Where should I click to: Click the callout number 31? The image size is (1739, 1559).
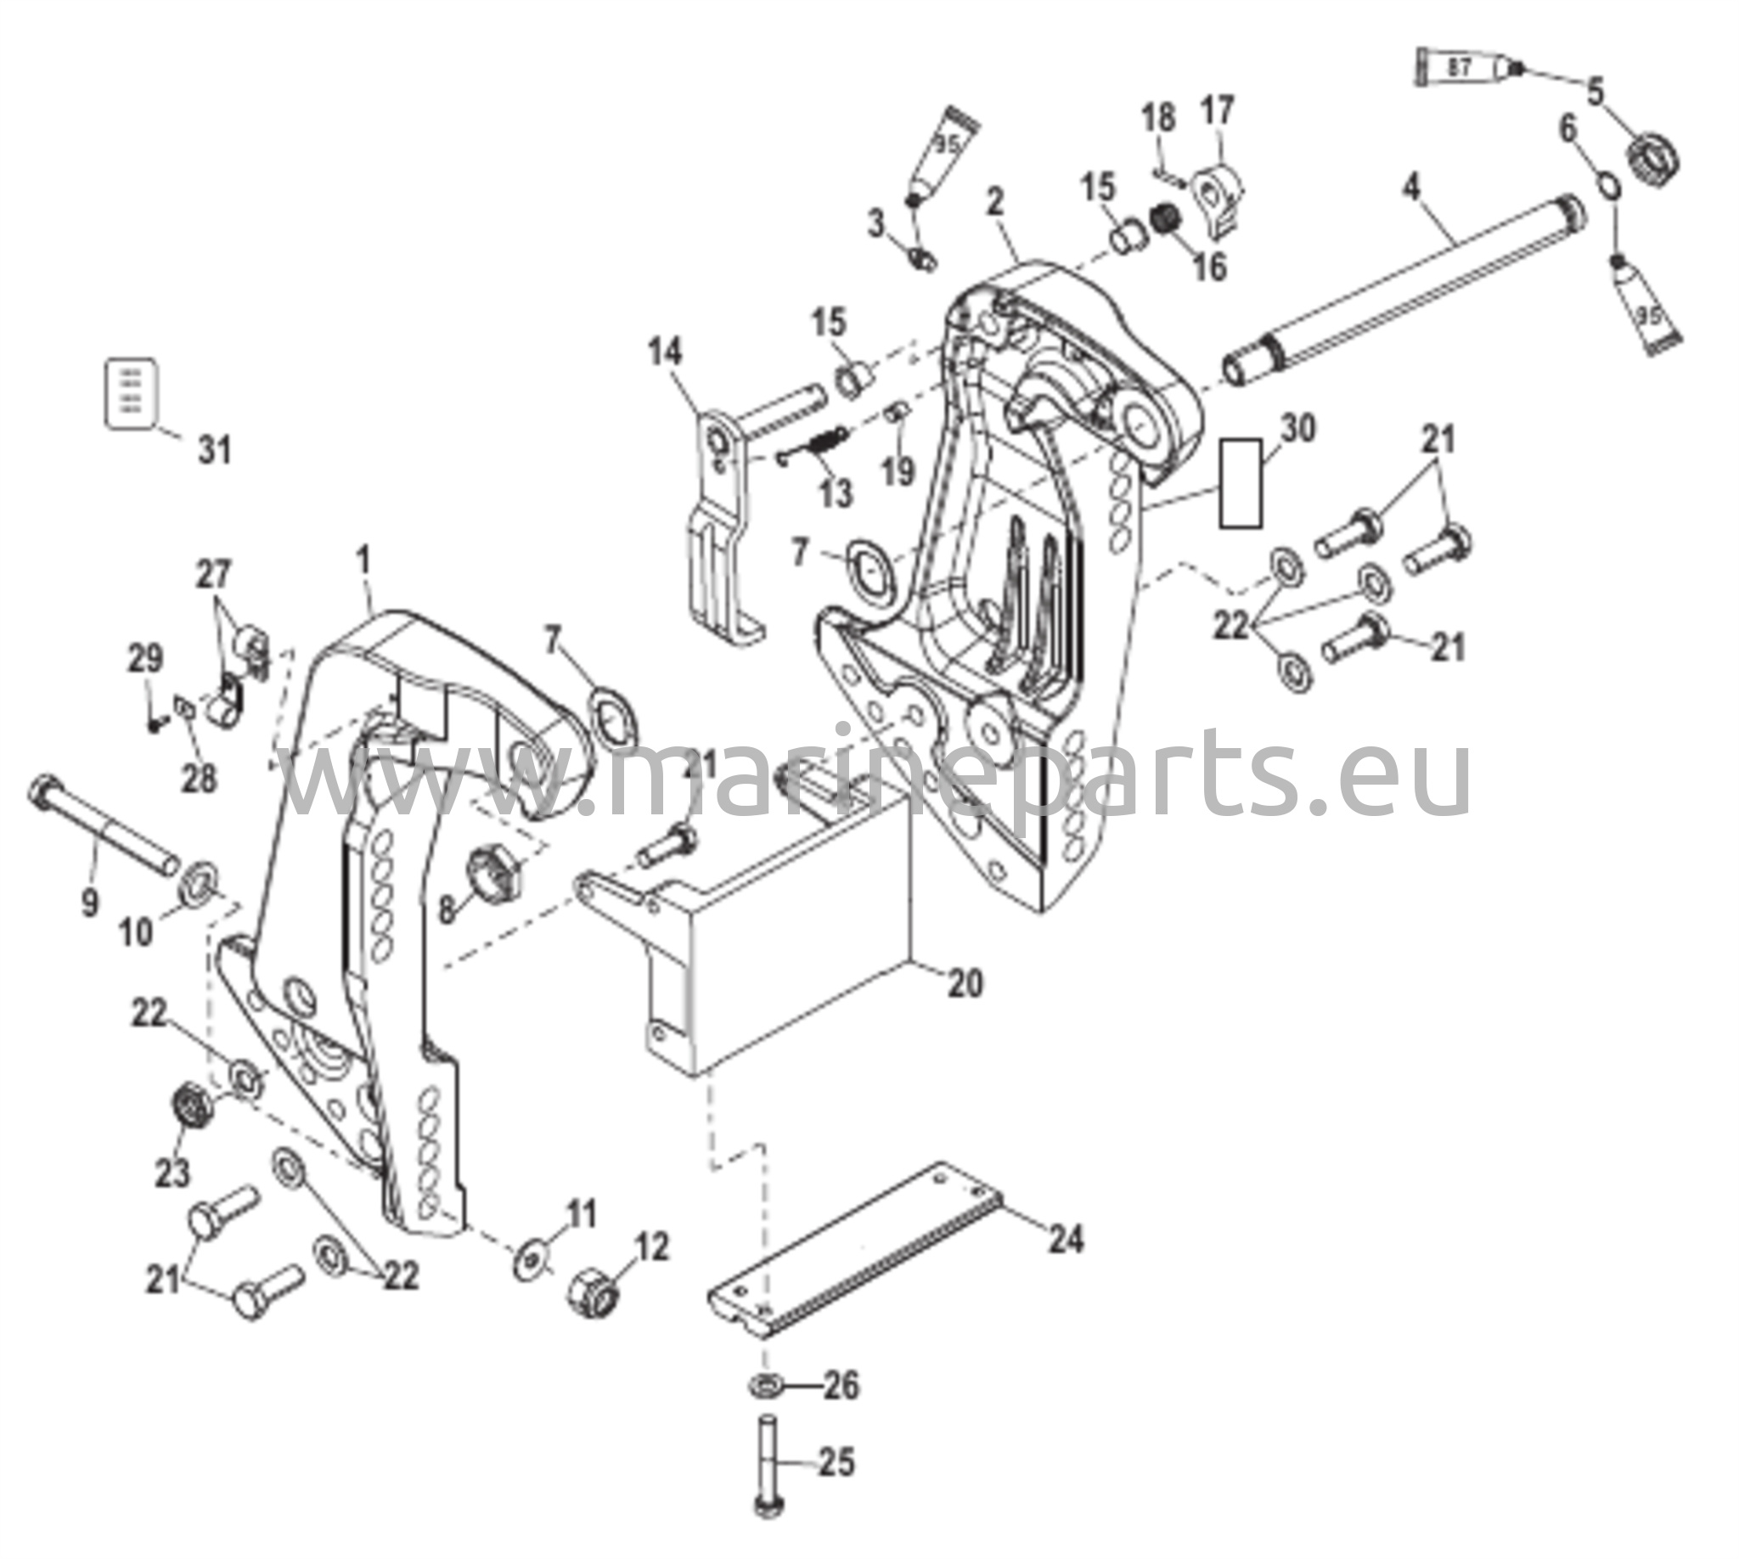click(215, 450)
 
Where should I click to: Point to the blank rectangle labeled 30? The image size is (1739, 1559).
click(1241, 483)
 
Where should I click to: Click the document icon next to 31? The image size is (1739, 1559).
click(131, 392)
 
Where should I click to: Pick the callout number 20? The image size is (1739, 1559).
click(965, 982)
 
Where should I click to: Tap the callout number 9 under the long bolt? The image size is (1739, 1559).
click(90, 903)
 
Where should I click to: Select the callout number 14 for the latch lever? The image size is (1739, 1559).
click(666, 352)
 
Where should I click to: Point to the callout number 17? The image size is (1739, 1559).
click(1218, 110)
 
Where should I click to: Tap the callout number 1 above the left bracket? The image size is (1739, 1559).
click(365, 562)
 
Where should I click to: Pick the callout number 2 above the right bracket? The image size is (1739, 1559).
click(994, 202)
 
